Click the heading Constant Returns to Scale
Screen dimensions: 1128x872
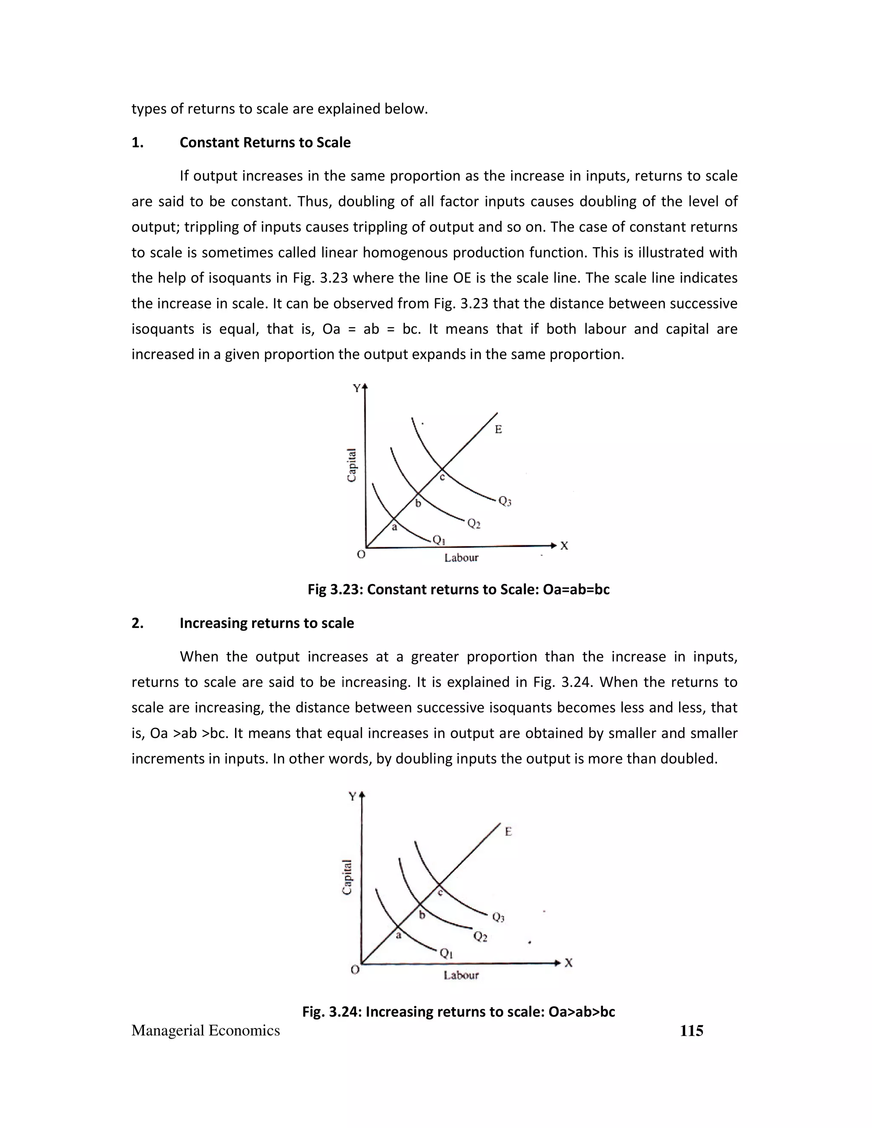tap(264, 143)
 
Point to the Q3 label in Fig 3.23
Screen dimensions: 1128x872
tap(505, 501)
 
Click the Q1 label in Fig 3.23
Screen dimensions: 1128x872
tap(439, 540)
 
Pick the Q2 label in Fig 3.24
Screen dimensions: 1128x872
tap(480, 936)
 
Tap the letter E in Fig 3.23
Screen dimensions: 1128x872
tap(498, 429)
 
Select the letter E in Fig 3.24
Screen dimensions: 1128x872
tap(508, 832)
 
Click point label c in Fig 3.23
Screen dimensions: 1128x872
tap(442, 478)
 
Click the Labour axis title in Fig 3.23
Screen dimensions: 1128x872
tap(461, 558)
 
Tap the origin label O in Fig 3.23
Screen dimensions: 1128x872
tap(361, 555)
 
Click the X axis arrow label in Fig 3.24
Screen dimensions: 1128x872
tap(569, 963)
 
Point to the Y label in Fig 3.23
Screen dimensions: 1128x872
tap(356, 388)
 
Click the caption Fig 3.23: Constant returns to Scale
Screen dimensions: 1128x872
tap(458, 589)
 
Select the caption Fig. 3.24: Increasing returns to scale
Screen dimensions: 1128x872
tap(458, 1011)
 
